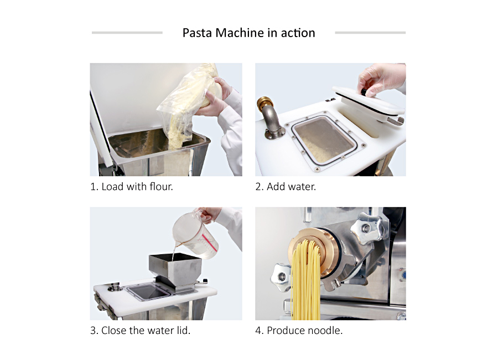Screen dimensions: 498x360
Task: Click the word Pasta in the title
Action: [x=197, y=33]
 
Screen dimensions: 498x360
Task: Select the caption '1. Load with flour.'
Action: [x=132, y=187]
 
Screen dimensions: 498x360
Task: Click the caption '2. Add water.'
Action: [x=286, y=187]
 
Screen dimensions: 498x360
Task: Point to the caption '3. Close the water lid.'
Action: [x=140, y=331]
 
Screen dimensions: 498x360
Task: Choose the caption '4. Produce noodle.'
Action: [x=299, y=331]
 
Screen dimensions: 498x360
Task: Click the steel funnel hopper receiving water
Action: [x=175, y=270]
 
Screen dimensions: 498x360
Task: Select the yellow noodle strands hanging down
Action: [x=305, y=280]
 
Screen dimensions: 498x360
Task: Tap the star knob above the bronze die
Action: [x=371, y=228]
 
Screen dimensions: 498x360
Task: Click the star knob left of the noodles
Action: [x=281, y=277]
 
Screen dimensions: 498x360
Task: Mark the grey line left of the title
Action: [x=127, y=33]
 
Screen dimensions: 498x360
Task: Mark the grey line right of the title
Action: [x=370, y=33]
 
